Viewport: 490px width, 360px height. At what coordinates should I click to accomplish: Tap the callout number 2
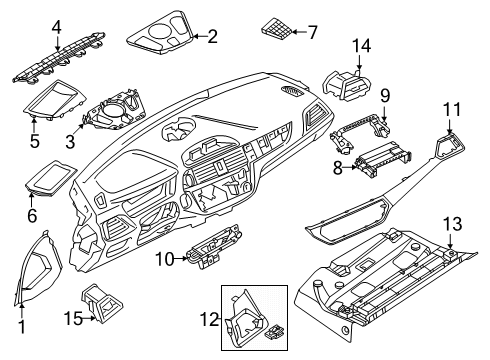pyautogui.click(x=212, y=37)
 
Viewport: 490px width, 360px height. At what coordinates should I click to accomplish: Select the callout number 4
pyautogui.click(x=29, y=27)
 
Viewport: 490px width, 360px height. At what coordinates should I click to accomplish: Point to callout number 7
pyautogui.click(x=313, y=33)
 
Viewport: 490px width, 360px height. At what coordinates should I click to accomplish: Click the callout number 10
pyautogui.click(x=164, y=260)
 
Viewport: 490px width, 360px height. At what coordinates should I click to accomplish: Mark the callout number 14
pyautogui.click(x=361, y=45)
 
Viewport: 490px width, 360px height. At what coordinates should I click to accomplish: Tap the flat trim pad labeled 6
pyautogui.click(x=50, y=182)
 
